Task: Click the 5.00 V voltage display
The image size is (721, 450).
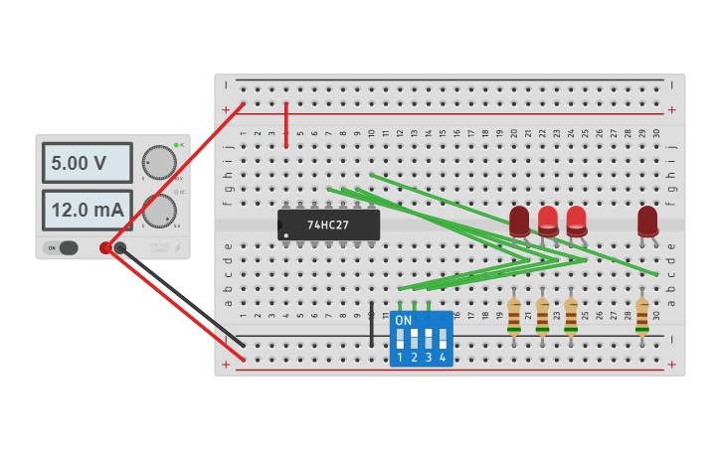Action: coord(87,162)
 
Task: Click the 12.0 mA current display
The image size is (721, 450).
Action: coord(87,210)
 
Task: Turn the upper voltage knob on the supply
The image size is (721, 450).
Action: coord(159,162)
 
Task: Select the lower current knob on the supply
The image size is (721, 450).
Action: coord(159,211)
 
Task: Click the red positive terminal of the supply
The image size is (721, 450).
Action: coord(105,247)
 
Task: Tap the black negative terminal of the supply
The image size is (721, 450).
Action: coord(120,247)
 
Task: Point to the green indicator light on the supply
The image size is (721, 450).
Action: coord(176,145)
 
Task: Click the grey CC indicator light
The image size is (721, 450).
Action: coord(176,192)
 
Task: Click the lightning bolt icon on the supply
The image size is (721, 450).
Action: coord(178,247)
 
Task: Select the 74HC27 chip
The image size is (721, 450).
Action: coord(328,225)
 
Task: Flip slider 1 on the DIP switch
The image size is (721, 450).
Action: coord(400,339)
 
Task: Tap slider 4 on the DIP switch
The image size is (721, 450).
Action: coord(443,339)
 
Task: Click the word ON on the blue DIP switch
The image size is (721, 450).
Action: coord(403,321)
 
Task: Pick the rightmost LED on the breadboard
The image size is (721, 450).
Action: coord(647,221)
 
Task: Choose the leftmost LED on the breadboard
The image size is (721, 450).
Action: coord(519,221)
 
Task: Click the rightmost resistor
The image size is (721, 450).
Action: coord(642,316)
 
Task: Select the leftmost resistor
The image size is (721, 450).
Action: coord(513,316)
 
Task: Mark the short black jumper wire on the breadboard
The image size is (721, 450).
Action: coord(372,324)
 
